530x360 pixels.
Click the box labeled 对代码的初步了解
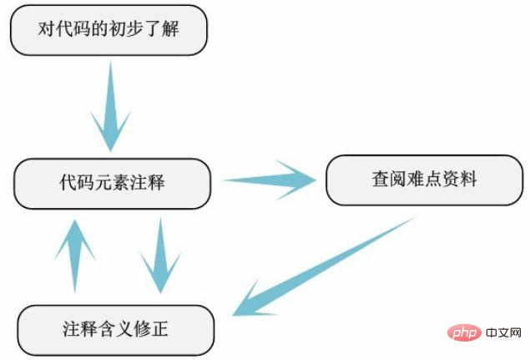(109, 30)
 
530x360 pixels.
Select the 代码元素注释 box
(112, 184)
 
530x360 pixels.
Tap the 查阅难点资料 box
(425, 180)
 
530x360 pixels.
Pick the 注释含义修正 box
(116, 330)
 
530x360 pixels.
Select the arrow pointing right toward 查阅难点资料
(270, 180)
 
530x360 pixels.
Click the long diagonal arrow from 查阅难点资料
(323, 267)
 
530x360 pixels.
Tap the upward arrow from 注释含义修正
(75, 256)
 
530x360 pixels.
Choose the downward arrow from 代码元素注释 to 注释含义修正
(160, 256)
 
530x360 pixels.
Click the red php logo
(464, 332)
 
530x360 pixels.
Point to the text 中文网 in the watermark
(503, 332)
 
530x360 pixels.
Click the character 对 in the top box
(46, 28)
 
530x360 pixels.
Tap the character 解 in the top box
(170, 28)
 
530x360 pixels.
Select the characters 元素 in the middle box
(112, 182)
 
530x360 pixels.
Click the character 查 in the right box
(381, 179)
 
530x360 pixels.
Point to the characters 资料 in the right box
(460, 179)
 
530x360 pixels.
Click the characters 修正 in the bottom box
(151, 329)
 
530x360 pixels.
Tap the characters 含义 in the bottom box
(116, 329)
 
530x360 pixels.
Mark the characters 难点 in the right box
(425, 179)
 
